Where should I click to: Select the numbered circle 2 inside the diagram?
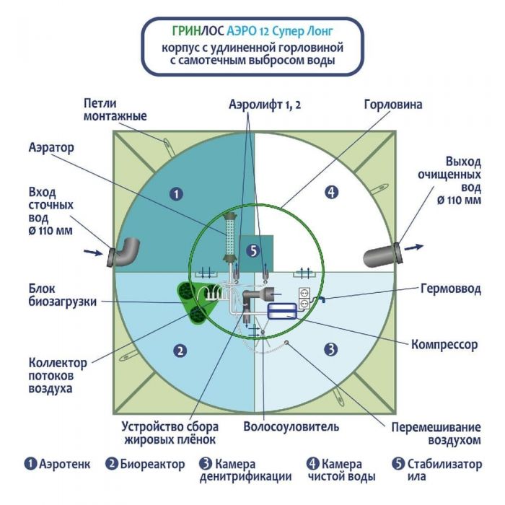[180, 351]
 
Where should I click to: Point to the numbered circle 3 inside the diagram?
[330, 350]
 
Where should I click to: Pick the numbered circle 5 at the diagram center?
[252, 250]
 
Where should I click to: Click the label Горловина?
[392, 104]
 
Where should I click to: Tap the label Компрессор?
[444, 345]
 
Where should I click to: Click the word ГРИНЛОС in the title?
[198, 31]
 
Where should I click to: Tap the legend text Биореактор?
[152, 464]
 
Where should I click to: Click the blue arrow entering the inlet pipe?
[93, 252]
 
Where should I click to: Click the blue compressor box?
[281, 311]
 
